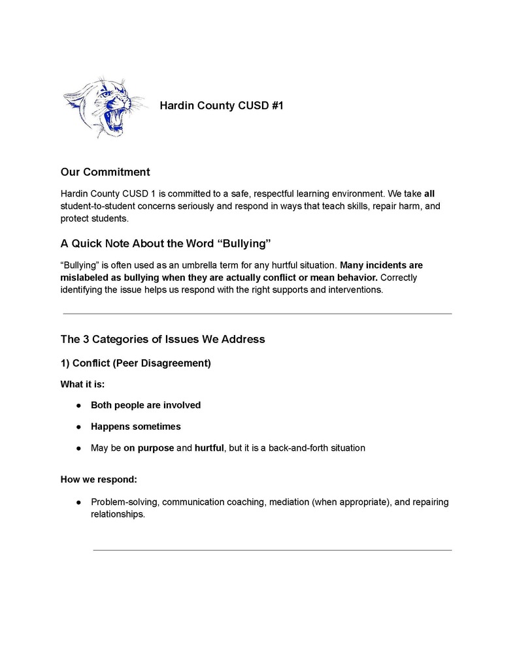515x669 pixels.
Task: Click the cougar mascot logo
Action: [104, 106]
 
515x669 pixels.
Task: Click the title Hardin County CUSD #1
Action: [221, 105]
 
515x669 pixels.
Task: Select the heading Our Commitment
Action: [105, 172]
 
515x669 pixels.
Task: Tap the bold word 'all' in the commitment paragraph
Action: [429, 193]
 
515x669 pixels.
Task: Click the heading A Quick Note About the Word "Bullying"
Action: [165, 244]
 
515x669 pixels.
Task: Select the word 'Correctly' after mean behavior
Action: [399, 278]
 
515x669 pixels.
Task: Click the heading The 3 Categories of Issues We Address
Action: [163, 339]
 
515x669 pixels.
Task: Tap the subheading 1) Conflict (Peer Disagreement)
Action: [135, 363]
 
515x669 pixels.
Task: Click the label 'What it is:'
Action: [82, 384]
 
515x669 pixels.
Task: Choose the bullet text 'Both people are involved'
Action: [146, 405]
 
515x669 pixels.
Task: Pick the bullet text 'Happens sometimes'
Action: [136, 427]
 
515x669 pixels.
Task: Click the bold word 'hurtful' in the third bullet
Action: [209, 448]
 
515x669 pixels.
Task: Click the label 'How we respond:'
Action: [99, 479]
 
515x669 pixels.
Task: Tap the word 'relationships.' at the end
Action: [118, 514]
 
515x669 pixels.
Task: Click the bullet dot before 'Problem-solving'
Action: [78, 502]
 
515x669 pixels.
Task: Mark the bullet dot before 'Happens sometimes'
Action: [78, 427]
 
